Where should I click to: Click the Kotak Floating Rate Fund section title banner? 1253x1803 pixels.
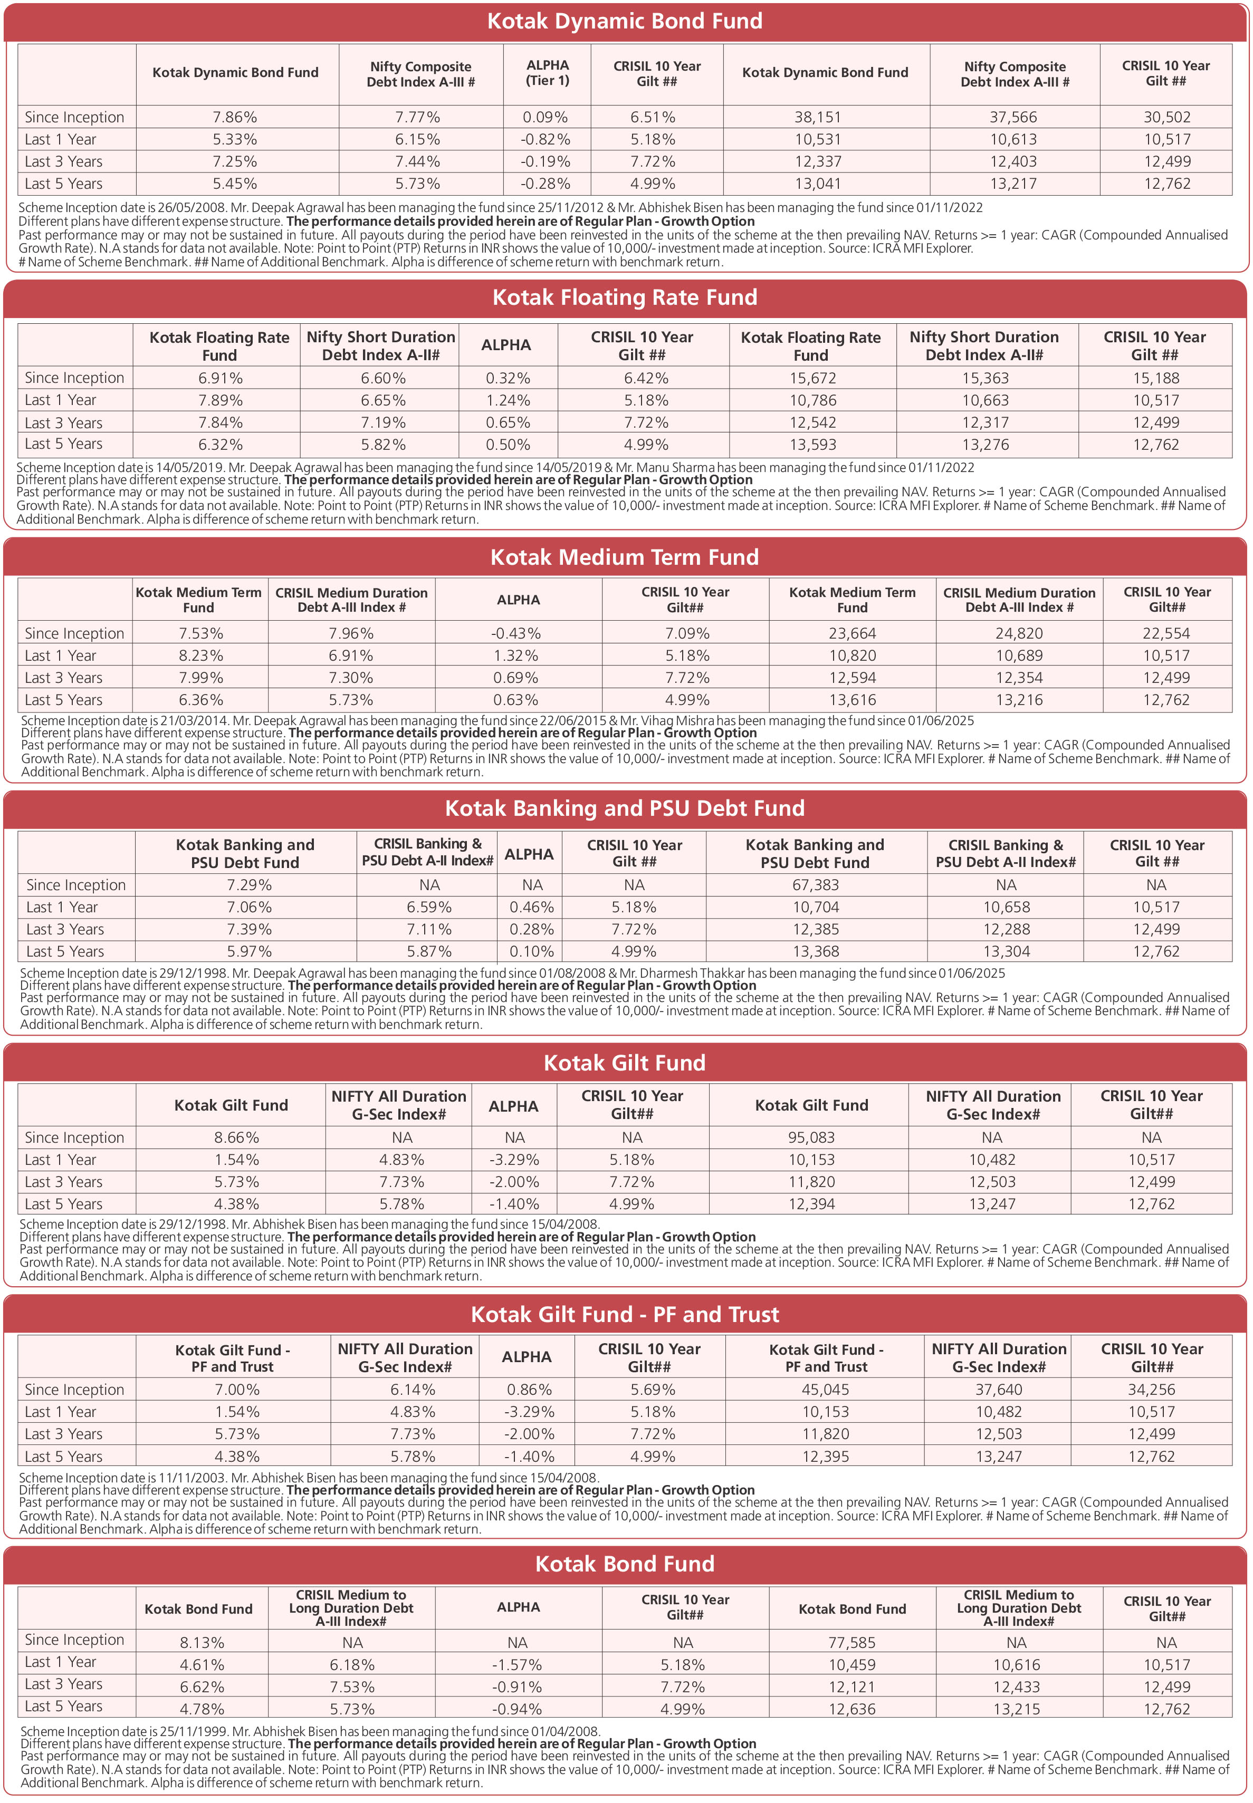[x=625, y=298]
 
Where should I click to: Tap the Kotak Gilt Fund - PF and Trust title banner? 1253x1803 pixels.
[x=625, y=1314]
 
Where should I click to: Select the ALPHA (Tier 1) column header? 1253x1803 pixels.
[x=547, y=73]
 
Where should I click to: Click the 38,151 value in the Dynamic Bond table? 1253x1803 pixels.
[x=817, y=118]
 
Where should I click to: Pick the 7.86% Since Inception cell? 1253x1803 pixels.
[x=235, y=118]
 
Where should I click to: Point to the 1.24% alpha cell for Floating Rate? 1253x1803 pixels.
[x=507, y=400]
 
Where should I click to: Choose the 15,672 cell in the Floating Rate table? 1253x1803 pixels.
[x=812, y=378]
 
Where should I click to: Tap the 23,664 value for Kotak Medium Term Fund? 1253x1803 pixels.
[x=852, y=633]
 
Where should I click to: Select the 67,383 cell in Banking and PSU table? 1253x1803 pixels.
[x=815, y=885]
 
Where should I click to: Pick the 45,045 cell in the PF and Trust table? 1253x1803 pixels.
[x=825, y=1390]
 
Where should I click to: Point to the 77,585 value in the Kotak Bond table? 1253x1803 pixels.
[x=852, y=1643]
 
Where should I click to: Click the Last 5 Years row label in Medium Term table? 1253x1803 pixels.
[x=64, y=700]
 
